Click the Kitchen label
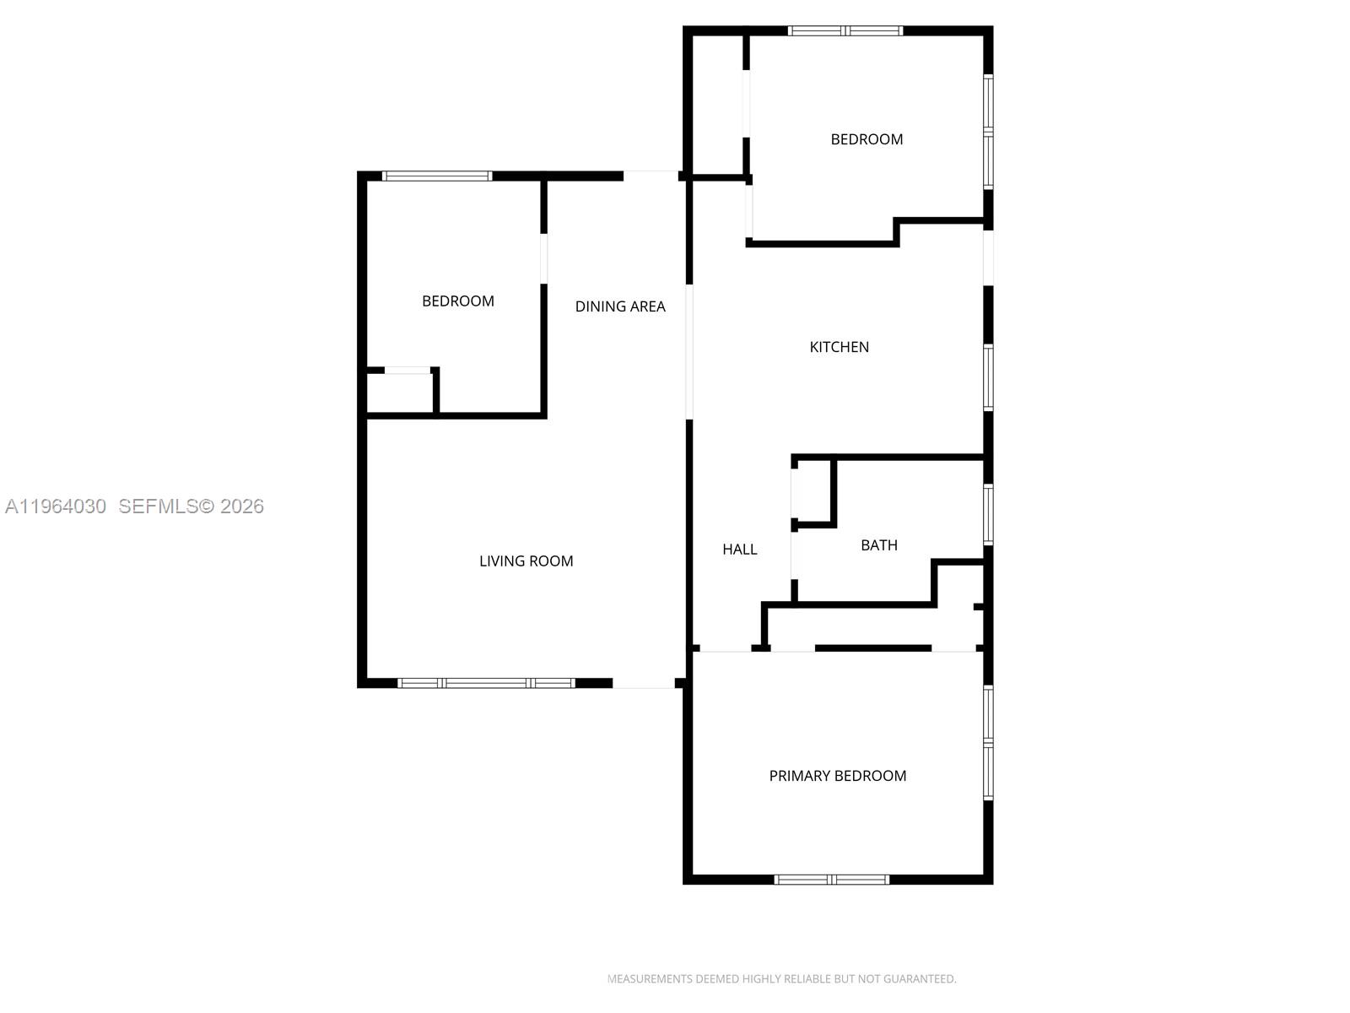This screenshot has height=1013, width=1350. tap(839, 347)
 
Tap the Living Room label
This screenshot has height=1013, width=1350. tap(526, 561)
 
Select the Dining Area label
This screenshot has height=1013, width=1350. tap(620, 306)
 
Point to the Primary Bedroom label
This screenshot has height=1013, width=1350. tap(837, 776)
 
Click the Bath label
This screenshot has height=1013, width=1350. tap(878, 545)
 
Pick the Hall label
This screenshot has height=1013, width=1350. tap(739, 550)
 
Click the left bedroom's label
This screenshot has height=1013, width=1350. tap(457, 301)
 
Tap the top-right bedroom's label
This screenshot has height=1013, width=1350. tap(867, 139)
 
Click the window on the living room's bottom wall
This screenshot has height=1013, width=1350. tap(486, 683)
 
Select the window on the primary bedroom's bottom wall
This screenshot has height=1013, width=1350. tap(832, 880)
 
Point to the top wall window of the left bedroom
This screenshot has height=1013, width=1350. tap(436, 176)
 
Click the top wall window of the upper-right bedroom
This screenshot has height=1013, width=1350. tap(845, 31)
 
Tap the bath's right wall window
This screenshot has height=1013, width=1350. tap(988, 513)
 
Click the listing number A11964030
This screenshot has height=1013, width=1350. tap(56, 506)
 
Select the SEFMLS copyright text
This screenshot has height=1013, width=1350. tap(192, 506)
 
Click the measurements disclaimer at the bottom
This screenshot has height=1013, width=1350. tap(781, 979)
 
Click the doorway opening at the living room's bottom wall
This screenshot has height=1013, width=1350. tap(643, 683)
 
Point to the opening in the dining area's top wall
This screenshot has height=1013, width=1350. tap(651, 176)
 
